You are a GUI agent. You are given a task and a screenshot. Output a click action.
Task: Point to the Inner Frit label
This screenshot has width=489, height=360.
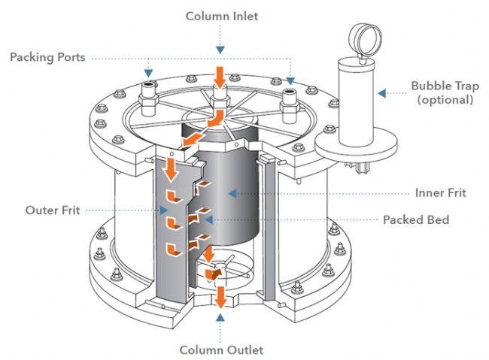(440, 193)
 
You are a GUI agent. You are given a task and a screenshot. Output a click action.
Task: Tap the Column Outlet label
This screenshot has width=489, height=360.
(220, 349)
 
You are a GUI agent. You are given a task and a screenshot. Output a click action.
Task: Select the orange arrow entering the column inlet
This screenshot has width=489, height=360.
(220, 76)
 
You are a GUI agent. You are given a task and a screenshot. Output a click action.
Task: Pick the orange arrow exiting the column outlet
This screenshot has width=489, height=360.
(220, 298)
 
